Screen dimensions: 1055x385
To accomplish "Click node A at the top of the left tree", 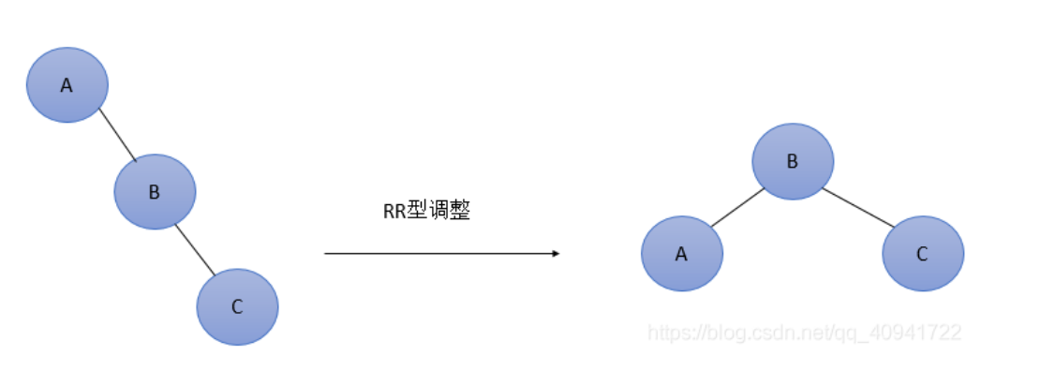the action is [x=67, y=85].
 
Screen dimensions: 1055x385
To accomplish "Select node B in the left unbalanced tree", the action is [x=155, y=192].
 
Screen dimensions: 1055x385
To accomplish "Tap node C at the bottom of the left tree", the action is [x=237, y=306].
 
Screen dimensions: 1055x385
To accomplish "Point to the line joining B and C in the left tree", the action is [x=196, y=249].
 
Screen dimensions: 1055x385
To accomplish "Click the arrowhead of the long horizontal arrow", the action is [x=556, y=253].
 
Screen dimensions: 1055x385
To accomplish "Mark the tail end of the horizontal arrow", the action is [x=327, y=253].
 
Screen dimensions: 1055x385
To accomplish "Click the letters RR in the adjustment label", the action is [x=394, y=212].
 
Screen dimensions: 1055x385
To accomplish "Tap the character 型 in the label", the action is [x=415, y=212].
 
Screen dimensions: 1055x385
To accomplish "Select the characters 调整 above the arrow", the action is [x=448, y=212].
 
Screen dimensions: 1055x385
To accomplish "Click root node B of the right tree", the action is [x=792, y=161].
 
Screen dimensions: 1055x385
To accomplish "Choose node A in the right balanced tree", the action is [x=681, y=253].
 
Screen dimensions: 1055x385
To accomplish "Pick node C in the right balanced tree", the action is [x=922, y=253].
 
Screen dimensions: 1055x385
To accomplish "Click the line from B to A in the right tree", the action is [x=737, y=207].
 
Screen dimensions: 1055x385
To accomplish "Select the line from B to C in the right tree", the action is [x=858, y=207].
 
